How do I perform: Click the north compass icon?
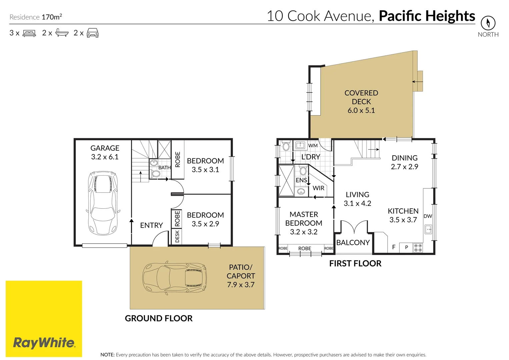488,23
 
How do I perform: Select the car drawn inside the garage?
103,203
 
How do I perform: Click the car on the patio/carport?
175,278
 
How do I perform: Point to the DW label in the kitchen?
428,216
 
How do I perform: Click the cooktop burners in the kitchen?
418,248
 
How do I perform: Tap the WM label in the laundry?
313,145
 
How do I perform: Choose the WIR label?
318,188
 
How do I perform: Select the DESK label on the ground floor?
177,236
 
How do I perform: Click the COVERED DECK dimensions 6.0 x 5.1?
361,110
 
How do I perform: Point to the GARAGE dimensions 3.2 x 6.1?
105,157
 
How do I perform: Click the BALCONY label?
353,243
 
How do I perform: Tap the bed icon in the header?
29,33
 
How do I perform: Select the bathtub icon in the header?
62,33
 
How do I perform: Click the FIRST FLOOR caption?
355,263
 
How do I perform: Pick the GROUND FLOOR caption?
159,318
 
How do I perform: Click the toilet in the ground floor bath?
155,174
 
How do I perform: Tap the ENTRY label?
151,225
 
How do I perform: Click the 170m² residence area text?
52,17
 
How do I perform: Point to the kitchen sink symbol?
428,229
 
